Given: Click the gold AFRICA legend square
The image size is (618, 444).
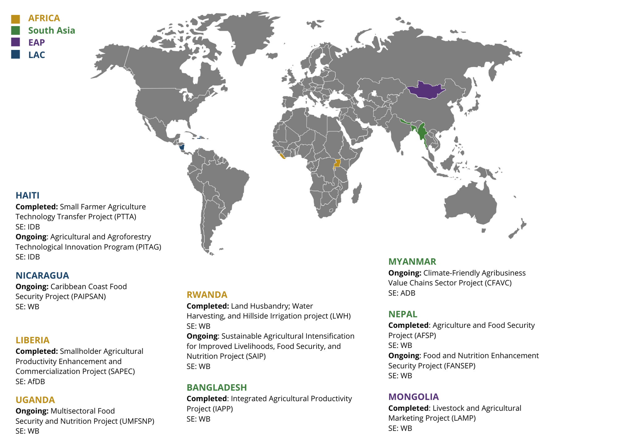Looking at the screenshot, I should pos(15,19).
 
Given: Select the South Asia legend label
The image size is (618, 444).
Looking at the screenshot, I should pos(51,30).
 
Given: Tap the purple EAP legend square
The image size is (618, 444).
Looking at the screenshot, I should pos(15,42).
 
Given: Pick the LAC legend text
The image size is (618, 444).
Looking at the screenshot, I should pos(37,55).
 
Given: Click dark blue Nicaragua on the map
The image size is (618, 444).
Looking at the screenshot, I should pos(182,147).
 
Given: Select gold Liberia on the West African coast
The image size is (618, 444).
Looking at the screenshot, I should pos(282,156).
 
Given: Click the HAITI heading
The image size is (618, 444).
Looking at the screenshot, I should pos(28,195).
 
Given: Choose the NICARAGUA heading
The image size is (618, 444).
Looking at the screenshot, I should pos(42,275).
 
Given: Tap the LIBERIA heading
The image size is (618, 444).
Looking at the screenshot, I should pos(32,340).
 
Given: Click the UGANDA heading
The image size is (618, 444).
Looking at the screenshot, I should pos(35,400).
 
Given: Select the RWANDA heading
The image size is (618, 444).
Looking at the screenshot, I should pos(207,294).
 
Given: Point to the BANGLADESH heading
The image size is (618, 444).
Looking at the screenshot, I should pos(217,387).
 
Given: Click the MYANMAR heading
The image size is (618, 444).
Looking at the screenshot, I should pos(412,262).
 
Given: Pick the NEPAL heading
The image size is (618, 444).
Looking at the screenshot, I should pos(403,314).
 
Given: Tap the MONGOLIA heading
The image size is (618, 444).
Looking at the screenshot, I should pos(413,397).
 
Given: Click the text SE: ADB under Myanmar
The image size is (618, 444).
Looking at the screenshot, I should pos(402,293).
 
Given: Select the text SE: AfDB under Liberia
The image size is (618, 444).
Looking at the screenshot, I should pos(30,381).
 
